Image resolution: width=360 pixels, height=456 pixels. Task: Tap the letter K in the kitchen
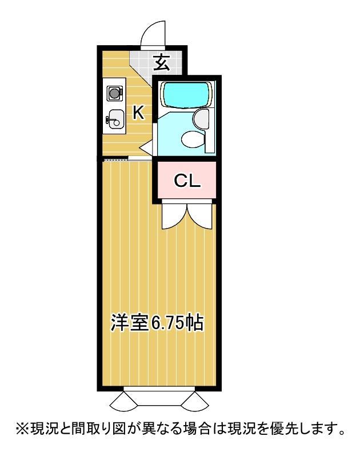pyautogui.click(x=139, y=113)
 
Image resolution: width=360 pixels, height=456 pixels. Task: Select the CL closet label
pyautogui.click(x=187, y=181)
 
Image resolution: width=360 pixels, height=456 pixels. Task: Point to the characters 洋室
pyautogui.click(x=130, y=323)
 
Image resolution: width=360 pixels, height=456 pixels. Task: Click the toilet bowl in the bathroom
pyautogui.click(x=191, y=138)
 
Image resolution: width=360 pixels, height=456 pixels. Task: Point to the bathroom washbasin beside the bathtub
pyautogui.click(x=202, y=118)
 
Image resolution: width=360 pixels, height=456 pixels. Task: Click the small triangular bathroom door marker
pyautogui.click(x=146, y=147)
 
